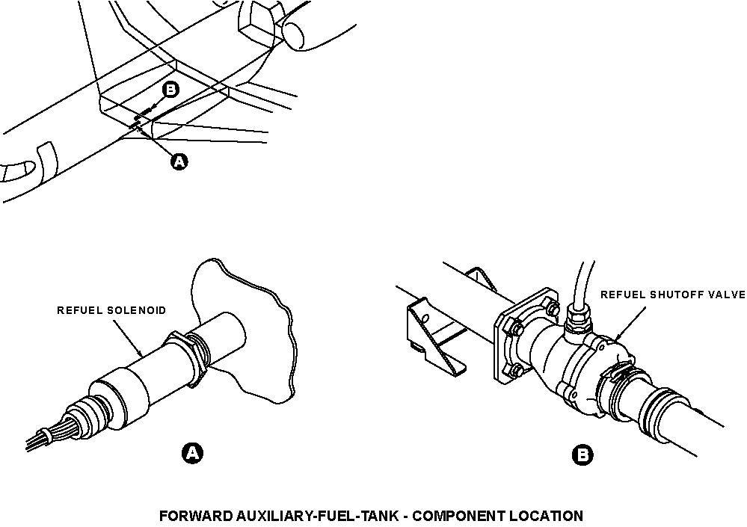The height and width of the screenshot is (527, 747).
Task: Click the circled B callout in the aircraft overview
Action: (170, 90)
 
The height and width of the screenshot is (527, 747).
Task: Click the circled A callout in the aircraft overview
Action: (179, 162)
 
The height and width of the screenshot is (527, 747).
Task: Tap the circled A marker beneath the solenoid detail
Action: (192, 453)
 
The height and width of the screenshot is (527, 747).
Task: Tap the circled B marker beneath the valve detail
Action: (582, 454)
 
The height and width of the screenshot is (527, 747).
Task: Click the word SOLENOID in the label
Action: (136, 310)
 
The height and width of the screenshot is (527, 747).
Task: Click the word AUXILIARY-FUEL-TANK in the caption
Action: (316, 516)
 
